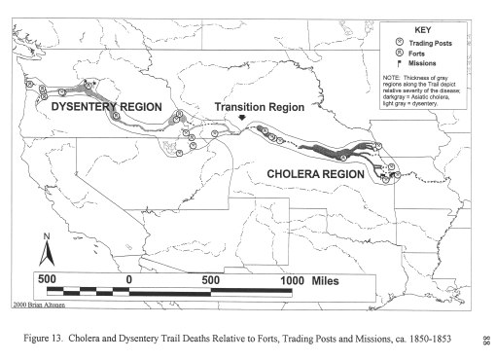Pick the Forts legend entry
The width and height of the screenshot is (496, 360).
click(414, 53)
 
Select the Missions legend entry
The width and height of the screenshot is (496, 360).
click(419, 63)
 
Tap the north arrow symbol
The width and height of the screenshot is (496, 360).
click(45, 256)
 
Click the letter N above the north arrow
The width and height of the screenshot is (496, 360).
click(46, 237)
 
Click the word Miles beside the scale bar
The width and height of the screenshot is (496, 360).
click(332, 279)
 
